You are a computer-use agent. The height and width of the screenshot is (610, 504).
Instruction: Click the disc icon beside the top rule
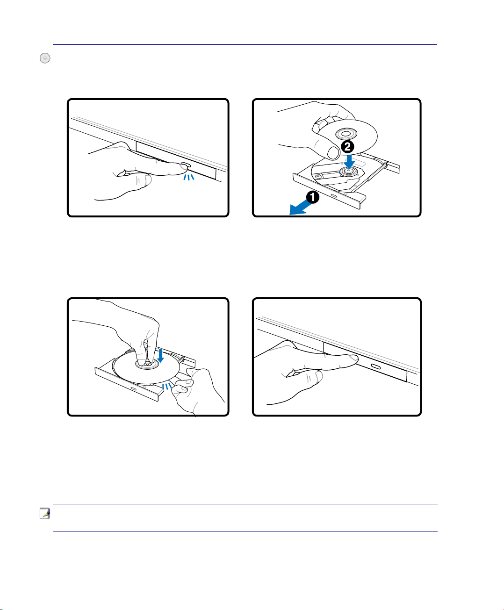(x=45, y=58)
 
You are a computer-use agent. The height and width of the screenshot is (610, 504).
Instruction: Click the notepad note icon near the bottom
(x=45, y=513)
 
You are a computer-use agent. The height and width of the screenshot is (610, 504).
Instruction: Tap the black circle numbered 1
(x=313, y=197)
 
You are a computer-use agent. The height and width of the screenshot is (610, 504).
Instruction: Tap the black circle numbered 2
(x=347, y=147)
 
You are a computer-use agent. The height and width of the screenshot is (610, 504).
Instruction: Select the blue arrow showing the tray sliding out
(x=300, y=208)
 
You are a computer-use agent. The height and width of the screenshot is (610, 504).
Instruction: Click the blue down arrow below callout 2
(x=349, y=162)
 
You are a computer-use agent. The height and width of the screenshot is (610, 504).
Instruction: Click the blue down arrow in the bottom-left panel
(x=160, y=356)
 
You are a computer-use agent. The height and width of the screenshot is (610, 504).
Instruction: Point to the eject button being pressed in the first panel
(x=186, y=165)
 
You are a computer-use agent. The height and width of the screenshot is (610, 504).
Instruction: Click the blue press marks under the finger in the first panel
(x=189, y=177)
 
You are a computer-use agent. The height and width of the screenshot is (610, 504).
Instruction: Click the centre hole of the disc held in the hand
(x=346, y=134)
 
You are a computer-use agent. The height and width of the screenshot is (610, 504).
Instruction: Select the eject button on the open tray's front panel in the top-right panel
(x=334, y=195)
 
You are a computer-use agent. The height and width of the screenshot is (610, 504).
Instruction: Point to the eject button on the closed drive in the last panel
(x=375, y=366)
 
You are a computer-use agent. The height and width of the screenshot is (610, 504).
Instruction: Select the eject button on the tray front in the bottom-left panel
(x=134, y=389)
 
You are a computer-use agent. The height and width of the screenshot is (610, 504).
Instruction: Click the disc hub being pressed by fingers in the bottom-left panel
(x=147, y=364)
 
